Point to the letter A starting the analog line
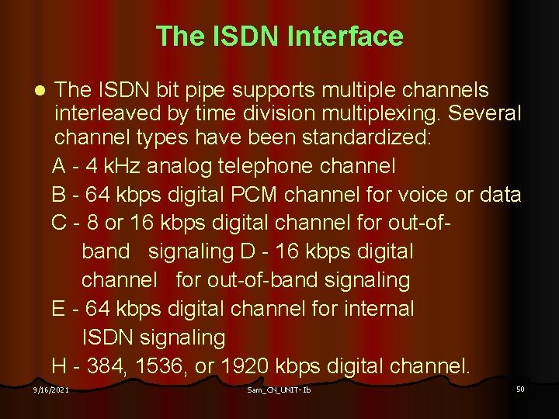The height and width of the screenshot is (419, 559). pyautogui.click(x=59, y=166)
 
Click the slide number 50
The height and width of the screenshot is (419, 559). pyautogui.click(x=520, y=388)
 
